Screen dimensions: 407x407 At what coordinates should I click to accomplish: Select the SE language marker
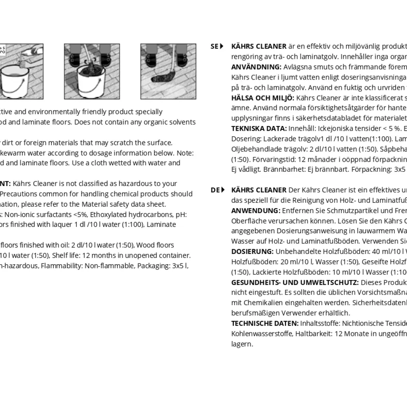pos(217,46)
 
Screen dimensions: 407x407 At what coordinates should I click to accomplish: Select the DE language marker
pos(217,190)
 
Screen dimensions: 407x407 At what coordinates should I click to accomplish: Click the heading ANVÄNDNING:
pos(256,67)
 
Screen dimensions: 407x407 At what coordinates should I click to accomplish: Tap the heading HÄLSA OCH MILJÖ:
pos(263,98)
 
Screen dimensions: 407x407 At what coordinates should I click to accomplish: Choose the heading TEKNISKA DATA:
pos(259,128)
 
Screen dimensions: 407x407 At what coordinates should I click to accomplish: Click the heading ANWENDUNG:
pos(256,210)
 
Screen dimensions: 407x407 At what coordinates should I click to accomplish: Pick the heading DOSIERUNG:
pos(252,251)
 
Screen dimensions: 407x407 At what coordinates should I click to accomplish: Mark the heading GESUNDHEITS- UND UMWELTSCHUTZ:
pos(295,282)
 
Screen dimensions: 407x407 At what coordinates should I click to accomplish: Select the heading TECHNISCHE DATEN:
pos(265,323)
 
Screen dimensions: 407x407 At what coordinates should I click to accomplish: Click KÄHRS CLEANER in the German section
pos(259,190)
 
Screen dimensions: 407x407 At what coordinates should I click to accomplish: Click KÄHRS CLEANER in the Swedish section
pos(259,46)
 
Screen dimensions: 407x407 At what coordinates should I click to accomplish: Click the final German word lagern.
pos(242,344)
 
